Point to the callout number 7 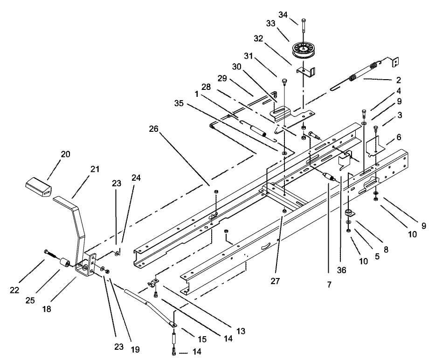coord(329,283)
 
